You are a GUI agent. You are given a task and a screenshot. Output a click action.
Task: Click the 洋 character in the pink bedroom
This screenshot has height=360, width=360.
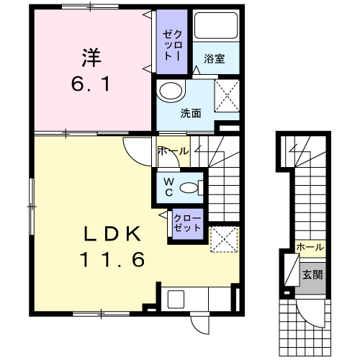[91, 58]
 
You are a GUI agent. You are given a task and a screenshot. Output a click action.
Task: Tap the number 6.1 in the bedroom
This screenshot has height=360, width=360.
[91, 84]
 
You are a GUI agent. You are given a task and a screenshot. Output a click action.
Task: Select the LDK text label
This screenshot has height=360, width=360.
[112, 234]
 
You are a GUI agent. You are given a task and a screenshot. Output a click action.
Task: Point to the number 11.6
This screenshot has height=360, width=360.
[113, 259]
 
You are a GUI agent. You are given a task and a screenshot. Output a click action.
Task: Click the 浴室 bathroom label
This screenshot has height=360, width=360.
[215, 59]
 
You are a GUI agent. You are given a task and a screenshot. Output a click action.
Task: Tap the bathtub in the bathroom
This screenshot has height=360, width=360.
[216, 26]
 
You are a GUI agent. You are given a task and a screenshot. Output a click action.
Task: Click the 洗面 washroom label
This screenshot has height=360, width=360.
[191, 113]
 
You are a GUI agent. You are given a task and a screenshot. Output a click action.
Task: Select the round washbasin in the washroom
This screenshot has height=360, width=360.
[171, 91]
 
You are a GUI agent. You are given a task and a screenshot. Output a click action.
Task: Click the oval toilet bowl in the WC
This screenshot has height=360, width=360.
[189, 188]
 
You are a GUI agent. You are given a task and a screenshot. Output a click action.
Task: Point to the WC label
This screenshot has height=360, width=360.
[169, 187]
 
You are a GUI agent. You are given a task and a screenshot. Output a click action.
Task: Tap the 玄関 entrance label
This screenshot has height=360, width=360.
[312, 274]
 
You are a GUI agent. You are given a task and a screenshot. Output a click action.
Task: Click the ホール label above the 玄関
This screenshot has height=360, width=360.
[310, 247]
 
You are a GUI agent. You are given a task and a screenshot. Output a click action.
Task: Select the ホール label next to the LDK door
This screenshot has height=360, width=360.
[174, 151]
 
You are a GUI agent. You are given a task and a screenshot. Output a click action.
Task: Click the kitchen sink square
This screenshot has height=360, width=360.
[176, 300]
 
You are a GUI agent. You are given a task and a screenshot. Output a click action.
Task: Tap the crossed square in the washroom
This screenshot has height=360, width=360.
[227, 96]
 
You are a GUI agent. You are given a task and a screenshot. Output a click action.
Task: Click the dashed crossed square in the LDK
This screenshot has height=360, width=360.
[224, 239]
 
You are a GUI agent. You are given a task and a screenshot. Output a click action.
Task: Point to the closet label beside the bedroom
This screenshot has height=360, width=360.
[172, 45]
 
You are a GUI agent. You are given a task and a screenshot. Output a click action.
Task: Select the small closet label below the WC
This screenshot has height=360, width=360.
[187, 223]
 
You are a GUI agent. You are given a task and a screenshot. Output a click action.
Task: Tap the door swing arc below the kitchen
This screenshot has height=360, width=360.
[197, 328]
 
